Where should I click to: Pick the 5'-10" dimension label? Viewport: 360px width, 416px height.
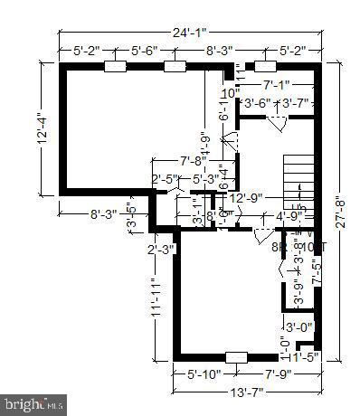pos(204,373)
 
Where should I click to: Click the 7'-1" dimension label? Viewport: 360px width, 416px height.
pos(279,84)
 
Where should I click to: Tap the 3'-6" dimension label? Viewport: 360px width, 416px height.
pos(260,104)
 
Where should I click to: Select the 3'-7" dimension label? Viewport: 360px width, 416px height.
pos(295,104)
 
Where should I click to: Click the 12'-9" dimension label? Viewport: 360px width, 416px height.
pos(246,198)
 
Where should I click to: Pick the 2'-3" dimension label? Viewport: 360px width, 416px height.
pos(163,250)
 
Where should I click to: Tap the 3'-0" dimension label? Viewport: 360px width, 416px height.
pos(299,326)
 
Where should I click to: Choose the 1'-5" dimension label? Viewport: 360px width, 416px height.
pos(308,358)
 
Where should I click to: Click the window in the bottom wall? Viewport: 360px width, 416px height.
pos(236,355)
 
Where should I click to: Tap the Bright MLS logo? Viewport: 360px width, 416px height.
pos(34,402)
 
